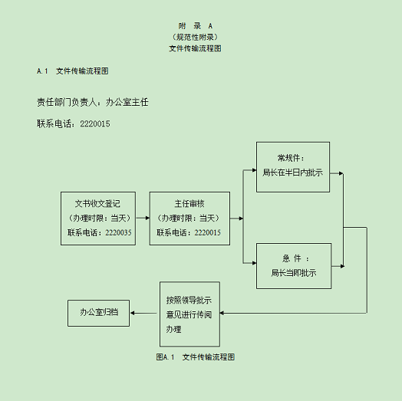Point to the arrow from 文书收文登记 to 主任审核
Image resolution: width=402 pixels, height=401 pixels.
pos(143,218)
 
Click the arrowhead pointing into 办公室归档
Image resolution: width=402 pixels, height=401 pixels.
pos(132,313)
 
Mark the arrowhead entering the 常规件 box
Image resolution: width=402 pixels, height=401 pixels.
pos(255,170)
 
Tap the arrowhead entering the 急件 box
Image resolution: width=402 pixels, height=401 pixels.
pos(255,263)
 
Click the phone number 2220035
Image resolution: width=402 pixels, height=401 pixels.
pos(118,232)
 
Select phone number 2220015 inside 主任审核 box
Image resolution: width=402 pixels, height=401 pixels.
pos(207,232)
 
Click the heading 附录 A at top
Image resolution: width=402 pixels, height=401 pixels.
pos(196,26)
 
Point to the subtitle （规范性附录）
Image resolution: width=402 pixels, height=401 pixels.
pos(195,37)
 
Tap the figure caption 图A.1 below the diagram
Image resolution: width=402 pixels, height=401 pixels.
pos(165,357)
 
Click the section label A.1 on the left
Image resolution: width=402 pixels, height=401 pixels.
pos(42,71)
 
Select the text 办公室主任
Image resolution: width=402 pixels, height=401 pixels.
pos(127,102)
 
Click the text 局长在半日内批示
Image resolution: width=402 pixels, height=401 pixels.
pos(292,173)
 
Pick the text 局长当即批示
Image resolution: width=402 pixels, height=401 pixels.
pos(294,273)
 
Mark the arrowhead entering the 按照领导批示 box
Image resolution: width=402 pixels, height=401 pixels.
pos(222,313)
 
